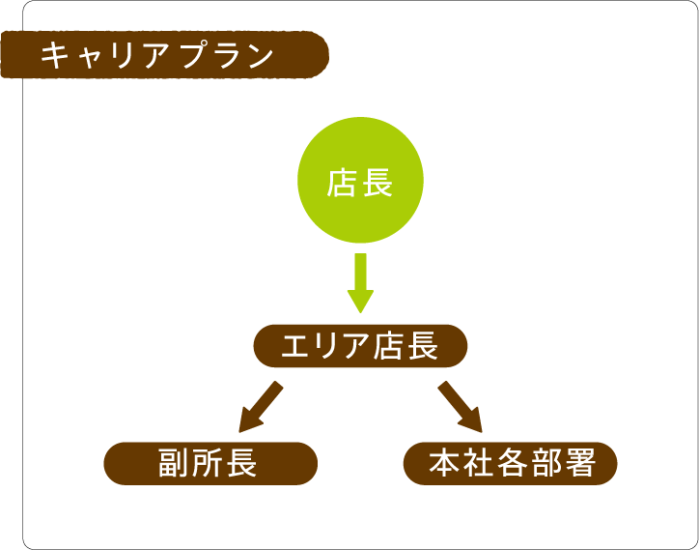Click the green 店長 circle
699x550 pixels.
click(360, 180)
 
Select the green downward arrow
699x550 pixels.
click(360, 283)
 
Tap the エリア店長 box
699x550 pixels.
click(360, 346)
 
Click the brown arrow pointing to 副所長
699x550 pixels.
click(261, 407)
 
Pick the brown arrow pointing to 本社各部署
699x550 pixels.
click(461, 407)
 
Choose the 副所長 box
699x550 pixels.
click(210, 463)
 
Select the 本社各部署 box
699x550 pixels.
click(511, 463)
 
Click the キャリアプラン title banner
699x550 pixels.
click(164, 55)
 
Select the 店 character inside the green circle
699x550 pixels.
click(341, 184)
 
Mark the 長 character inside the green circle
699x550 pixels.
click(378, 184)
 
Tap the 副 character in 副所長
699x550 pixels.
click(174, 463)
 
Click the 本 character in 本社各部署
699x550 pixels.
click(444, 463)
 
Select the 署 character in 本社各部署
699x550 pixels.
click(580, 463)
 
